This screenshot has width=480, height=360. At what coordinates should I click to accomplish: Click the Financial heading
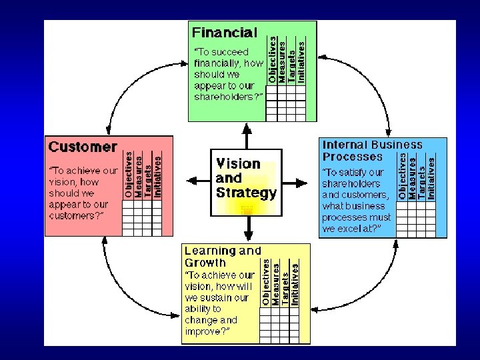(x=224, y=32)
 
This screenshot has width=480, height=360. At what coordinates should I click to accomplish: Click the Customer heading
(x=83, y=147)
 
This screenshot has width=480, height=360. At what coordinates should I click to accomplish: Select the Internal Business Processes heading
(x=372, y=151)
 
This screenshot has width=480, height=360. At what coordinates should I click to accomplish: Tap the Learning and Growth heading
(x=222, y=257)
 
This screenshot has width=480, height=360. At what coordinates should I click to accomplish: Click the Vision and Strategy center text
(x=246, y=178)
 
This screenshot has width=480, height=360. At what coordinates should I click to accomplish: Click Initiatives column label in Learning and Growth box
(x=295, y=284)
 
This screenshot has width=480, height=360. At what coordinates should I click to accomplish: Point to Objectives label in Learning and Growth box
(x=265, y=283)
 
